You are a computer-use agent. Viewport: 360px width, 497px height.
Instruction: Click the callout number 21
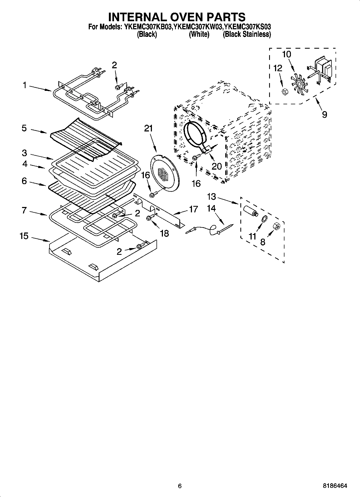coord(148,129)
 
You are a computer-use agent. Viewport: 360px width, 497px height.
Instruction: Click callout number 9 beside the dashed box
coord(325,115)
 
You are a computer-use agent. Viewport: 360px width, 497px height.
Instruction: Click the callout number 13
coord(212,197)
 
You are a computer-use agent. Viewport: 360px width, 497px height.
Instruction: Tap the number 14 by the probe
coord(211,208)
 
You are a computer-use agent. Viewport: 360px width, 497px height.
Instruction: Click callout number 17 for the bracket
coord(194,209)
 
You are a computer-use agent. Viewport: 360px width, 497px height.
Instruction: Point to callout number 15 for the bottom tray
coord(24,236)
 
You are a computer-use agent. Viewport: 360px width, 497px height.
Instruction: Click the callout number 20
coord(217,166)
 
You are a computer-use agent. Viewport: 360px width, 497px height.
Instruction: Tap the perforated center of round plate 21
coord(163,174)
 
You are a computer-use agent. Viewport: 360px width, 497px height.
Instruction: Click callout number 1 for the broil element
coord(24,85)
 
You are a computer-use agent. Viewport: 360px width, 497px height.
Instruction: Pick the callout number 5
coord(24,128)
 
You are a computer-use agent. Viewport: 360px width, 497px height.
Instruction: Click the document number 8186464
coord(335,486)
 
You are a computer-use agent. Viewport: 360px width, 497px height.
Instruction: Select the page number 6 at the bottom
coord(180,486)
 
